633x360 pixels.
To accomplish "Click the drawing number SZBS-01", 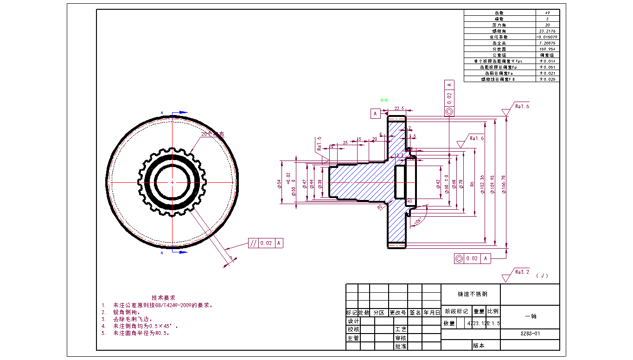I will [x=530, y=334].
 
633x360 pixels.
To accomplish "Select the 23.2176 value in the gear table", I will [x=548, y=31].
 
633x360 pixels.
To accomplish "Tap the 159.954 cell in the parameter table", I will [x=548, y=49].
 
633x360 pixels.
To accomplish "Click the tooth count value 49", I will [x=548, y=13].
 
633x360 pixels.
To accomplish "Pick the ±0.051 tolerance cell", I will [x=548, y=67].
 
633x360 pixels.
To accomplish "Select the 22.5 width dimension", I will [x=399, y=109].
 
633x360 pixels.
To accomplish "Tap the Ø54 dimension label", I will [x=280, y=184].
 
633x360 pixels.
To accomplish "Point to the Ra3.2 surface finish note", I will [x=522, y=272].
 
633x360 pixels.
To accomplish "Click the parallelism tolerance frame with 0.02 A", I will [x=265, y=243].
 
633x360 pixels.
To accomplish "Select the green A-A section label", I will [x=384, y=100].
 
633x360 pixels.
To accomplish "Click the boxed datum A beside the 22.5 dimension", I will [x=375, y=113].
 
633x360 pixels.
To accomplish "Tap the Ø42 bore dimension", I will [x=438, y=184].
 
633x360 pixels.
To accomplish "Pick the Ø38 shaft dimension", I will [x=320, y=184].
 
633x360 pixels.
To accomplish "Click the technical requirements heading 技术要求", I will [x=163, y=297].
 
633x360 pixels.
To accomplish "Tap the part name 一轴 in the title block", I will [x=530, y=316].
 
